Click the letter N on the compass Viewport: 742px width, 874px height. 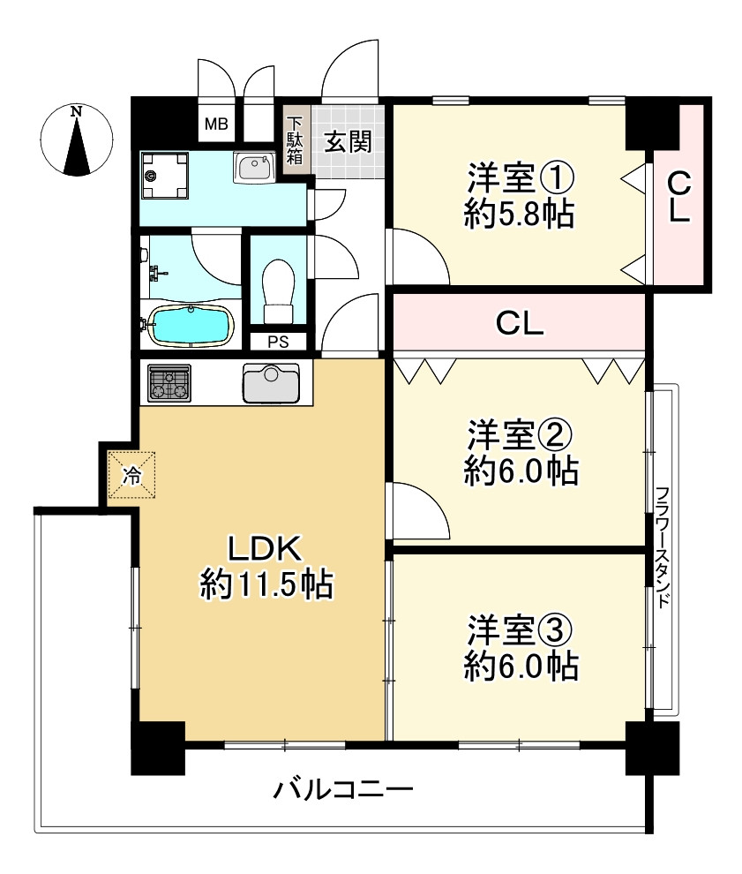coord(76,111)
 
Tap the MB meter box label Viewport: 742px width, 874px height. coord(216,124)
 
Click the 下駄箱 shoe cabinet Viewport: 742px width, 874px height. coord(295,139)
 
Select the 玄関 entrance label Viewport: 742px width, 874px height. coord(349,141)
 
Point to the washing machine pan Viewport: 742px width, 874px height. coord(164,176)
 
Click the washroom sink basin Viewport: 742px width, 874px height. coord(255,167)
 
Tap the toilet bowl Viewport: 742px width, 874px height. coord(279,290)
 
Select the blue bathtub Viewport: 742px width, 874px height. coord(191,326)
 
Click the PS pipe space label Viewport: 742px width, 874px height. coord(279,342)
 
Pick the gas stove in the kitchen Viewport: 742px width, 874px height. coord(169,383)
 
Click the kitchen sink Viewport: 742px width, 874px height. coord(271,383)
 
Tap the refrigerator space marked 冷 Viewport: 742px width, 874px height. coord(131,475)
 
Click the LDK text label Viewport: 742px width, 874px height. coord(265,548)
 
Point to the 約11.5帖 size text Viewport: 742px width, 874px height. coord(266,585)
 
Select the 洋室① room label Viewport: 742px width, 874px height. coord(521,177)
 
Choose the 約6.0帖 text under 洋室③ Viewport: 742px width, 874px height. coord(521,666)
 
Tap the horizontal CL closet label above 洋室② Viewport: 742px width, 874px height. coord(520,323)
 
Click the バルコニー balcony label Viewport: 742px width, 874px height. coord(343,789)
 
